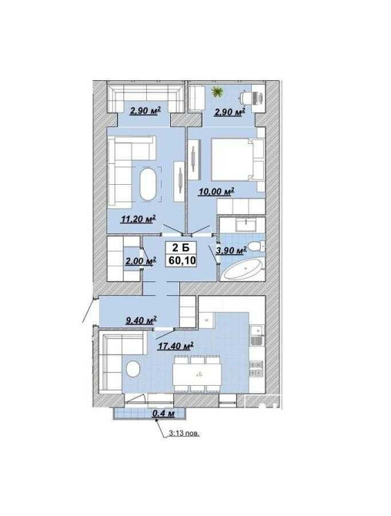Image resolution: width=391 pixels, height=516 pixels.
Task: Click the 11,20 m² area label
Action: (138, 219)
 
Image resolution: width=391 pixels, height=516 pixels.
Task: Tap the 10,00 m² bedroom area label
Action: (216, 192)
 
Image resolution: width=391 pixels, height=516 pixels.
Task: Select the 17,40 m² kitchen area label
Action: (175, 346)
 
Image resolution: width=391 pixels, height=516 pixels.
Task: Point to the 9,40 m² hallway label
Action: (141, 320)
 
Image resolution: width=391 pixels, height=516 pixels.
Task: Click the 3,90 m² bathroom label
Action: (231, 251)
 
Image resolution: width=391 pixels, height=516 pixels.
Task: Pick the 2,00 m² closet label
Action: (140, 261)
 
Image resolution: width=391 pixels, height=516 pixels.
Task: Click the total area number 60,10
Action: (182, 260)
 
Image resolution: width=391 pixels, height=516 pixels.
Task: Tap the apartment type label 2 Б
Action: (182, 248)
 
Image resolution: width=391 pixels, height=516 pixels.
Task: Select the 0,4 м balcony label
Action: (163, 414)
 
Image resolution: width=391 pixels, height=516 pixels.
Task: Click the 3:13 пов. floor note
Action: (184, 434)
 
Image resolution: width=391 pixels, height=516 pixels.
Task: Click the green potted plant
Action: (217, 92)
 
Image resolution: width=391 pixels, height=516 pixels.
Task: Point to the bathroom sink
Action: (246, 226)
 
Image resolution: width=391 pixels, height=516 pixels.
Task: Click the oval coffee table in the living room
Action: (148, 184)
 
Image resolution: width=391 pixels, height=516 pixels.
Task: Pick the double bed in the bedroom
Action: (237, 159)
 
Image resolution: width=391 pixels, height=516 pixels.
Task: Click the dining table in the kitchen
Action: (197, 374)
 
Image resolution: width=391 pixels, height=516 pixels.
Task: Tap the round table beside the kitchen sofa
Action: (133, 369)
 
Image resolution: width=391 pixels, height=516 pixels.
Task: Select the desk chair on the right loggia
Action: (246, 97)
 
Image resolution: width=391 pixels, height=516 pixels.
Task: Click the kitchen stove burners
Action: (256, 369)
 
